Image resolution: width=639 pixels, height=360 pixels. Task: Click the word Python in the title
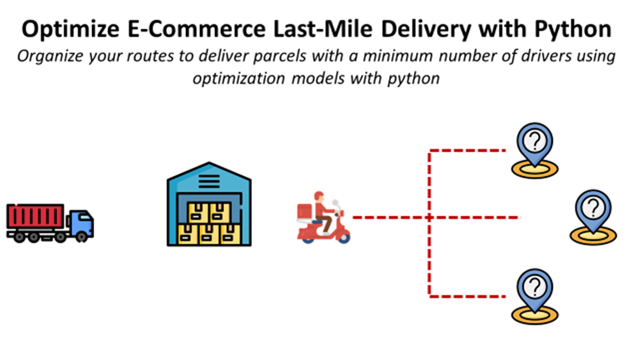tap(573, 29)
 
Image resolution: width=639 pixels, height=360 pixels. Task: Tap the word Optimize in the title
tap(70, 29)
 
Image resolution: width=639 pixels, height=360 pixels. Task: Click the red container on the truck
tap(35, 215)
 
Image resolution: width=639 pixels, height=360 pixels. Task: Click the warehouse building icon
tap(209, 204)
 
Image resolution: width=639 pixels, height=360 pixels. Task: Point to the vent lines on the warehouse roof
tap(209, 180)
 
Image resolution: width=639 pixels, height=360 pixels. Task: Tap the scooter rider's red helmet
tap(319, 196)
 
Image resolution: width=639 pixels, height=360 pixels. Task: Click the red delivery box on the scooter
tap(305, 211)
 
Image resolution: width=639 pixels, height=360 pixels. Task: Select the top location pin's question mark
tap(535, 141)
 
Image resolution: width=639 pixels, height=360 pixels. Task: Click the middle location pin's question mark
tap(594, 208)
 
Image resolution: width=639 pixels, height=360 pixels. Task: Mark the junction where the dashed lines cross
tap(429, 217)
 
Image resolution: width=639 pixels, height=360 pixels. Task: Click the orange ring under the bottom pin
tap(535, 315)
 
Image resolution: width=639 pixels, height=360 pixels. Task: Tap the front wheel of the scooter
tap(344, 237)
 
